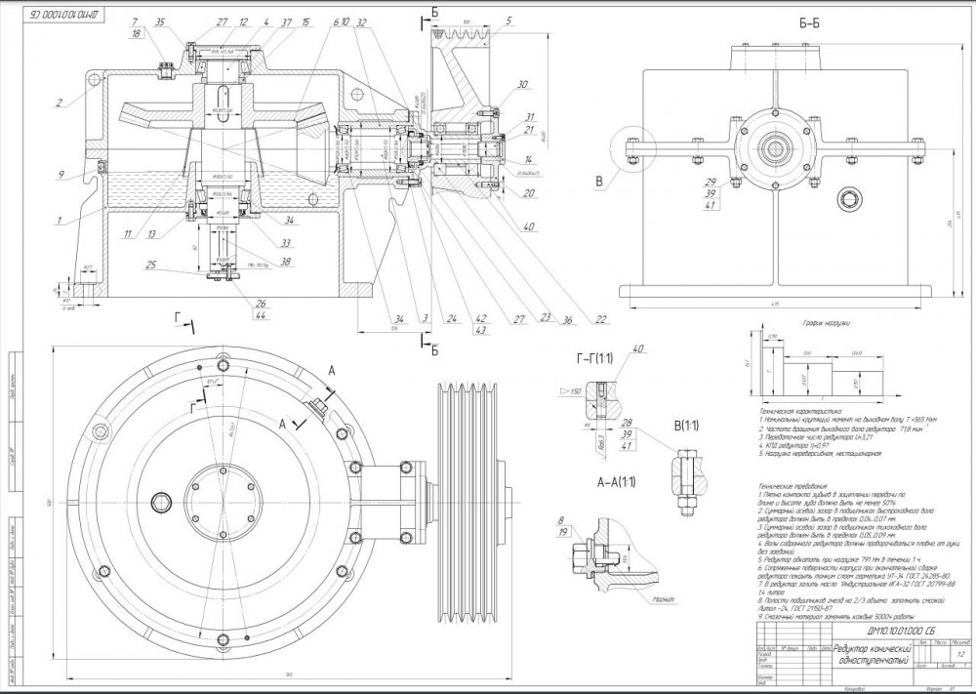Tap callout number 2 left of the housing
59,102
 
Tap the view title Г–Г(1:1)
592,363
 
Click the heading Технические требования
792,486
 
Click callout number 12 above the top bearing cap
242,21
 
